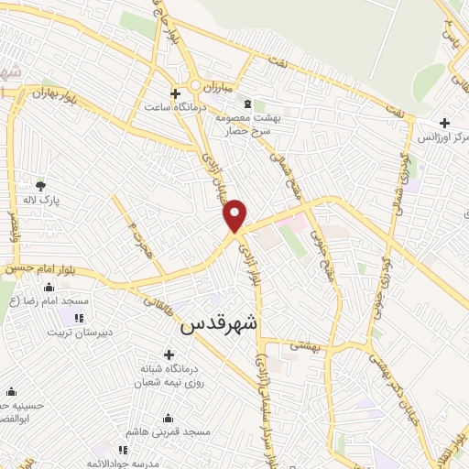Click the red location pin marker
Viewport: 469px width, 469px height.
tap(235, 214)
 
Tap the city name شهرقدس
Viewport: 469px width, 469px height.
tap(220, 323)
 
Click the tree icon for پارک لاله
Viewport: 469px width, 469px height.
tap(40, 185)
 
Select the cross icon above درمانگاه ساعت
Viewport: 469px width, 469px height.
tap(175, 93)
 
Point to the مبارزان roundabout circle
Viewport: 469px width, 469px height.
tap(195, 87)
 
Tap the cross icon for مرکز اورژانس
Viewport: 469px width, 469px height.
tap(444, 123)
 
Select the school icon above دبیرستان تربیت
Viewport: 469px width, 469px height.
tap(80, 319)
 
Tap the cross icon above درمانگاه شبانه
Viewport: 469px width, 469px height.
tap(169, 354)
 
